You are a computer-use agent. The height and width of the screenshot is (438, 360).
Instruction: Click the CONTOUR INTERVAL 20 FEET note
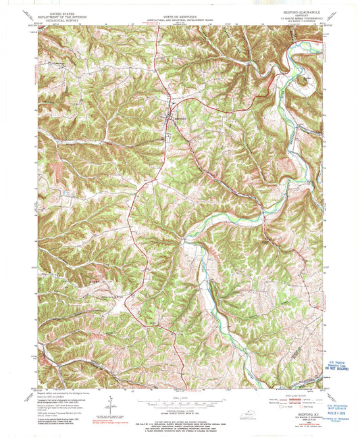(180, 410)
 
